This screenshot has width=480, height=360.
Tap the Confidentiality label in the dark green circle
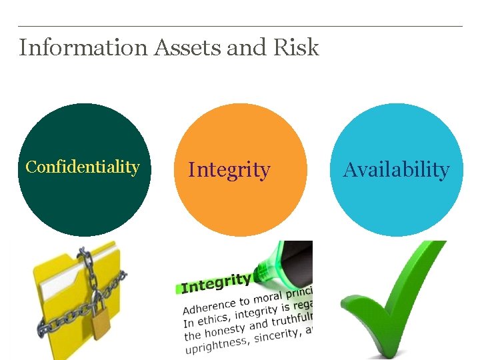(x=83, y=167)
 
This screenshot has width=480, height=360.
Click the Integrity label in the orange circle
(x=229, y=170)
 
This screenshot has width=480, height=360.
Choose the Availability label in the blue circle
(x=397, y=170)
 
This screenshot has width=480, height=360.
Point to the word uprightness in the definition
(x=215, y=345)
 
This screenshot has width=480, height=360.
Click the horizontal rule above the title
(x=240, y=27)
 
